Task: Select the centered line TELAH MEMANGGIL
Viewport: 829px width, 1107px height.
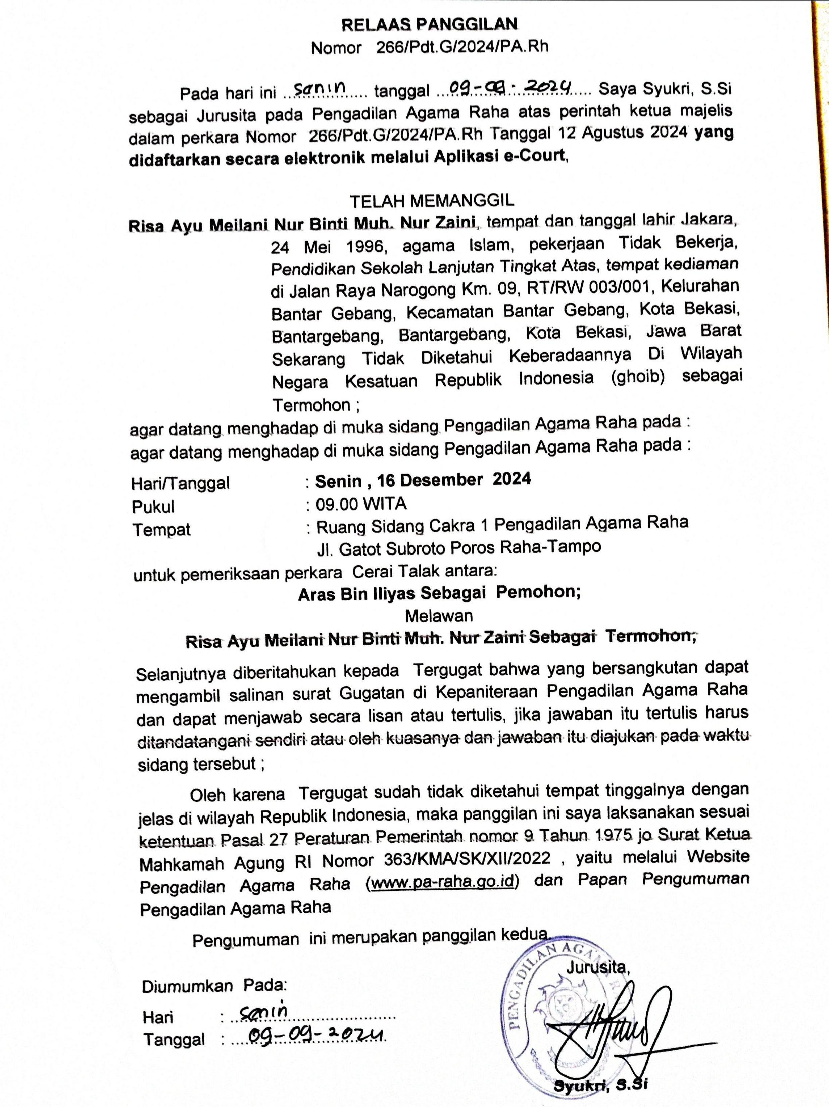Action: click(432, 201)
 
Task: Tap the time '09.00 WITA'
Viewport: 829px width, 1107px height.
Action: click(361, 504)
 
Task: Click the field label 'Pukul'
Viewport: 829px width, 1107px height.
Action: click(153, 507)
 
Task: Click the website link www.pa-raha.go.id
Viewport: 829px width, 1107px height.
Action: click(443, 882)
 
